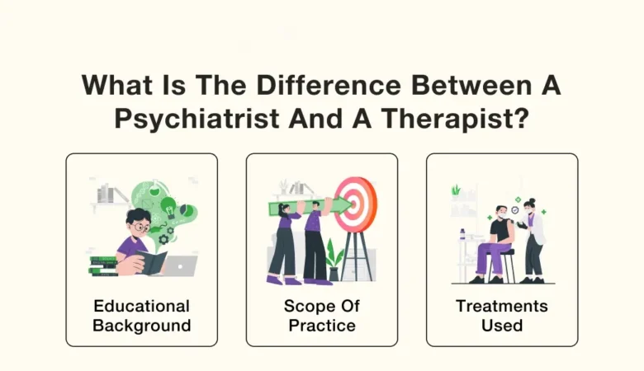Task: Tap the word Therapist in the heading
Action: coord(453,118)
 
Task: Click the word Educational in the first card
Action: coord(141,306)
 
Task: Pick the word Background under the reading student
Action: coord(141,325)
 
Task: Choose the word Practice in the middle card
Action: coord(322,325)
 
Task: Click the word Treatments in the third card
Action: coord(502,306)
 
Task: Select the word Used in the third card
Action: coord(502,325)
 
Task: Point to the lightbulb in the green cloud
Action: coord(168,204)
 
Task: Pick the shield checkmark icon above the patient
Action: coord(516,209)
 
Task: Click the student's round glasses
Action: coord(141,223)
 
